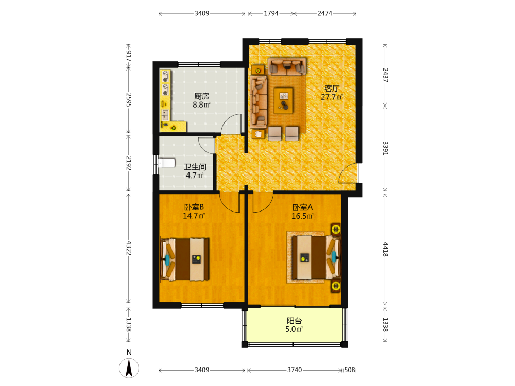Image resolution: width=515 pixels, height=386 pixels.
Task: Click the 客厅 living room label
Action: point(332,89)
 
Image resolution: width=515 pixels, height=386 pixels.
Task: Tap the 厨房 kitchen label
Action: point(202,96)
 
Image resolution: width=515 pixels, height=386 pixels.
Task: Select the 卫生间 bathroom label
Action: point(195,167)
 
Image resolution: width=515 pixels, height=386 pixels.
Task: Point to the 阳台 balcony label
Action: point(294,321)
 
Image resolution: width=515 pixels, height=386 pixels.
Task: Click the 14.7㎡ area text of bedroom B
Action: point(194,216)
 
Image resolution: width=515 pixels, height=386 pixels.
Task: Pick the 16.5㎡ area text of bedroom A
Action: point(302,216)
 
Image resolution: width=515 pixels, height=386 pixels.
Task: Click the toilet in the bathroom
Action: point(166,163)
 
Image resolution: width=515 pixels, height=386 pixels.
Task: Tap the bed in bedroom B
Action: point(185,259)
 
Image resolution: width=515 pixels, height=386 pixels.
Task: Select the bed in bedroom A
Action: point(317,257)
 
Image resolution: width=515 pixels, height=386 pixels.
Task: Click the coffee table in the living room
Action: point(283,100)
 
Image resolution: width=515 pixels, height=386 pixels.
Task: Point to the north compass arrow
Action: point(129,368)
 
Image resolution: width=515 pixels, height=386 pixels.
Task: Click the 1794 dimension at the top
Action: point(271,13)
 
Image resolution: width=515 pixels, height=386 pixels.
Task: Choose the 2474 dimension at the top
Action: point(325,13)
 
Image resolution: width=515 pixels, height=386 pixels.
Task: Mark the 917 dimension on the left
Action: point(129,56)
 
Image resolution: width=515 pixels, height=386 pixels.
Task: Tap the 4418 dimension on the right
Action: point(385,250)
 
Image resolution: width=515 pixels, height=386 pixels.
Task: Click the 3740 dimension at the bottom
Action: point(295,370)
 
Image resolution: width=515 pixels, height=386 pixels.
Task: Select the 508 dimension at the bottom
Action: point(350,370)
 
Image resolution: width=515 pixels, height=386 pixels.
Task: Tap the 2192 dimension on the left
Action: point(129,163)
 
